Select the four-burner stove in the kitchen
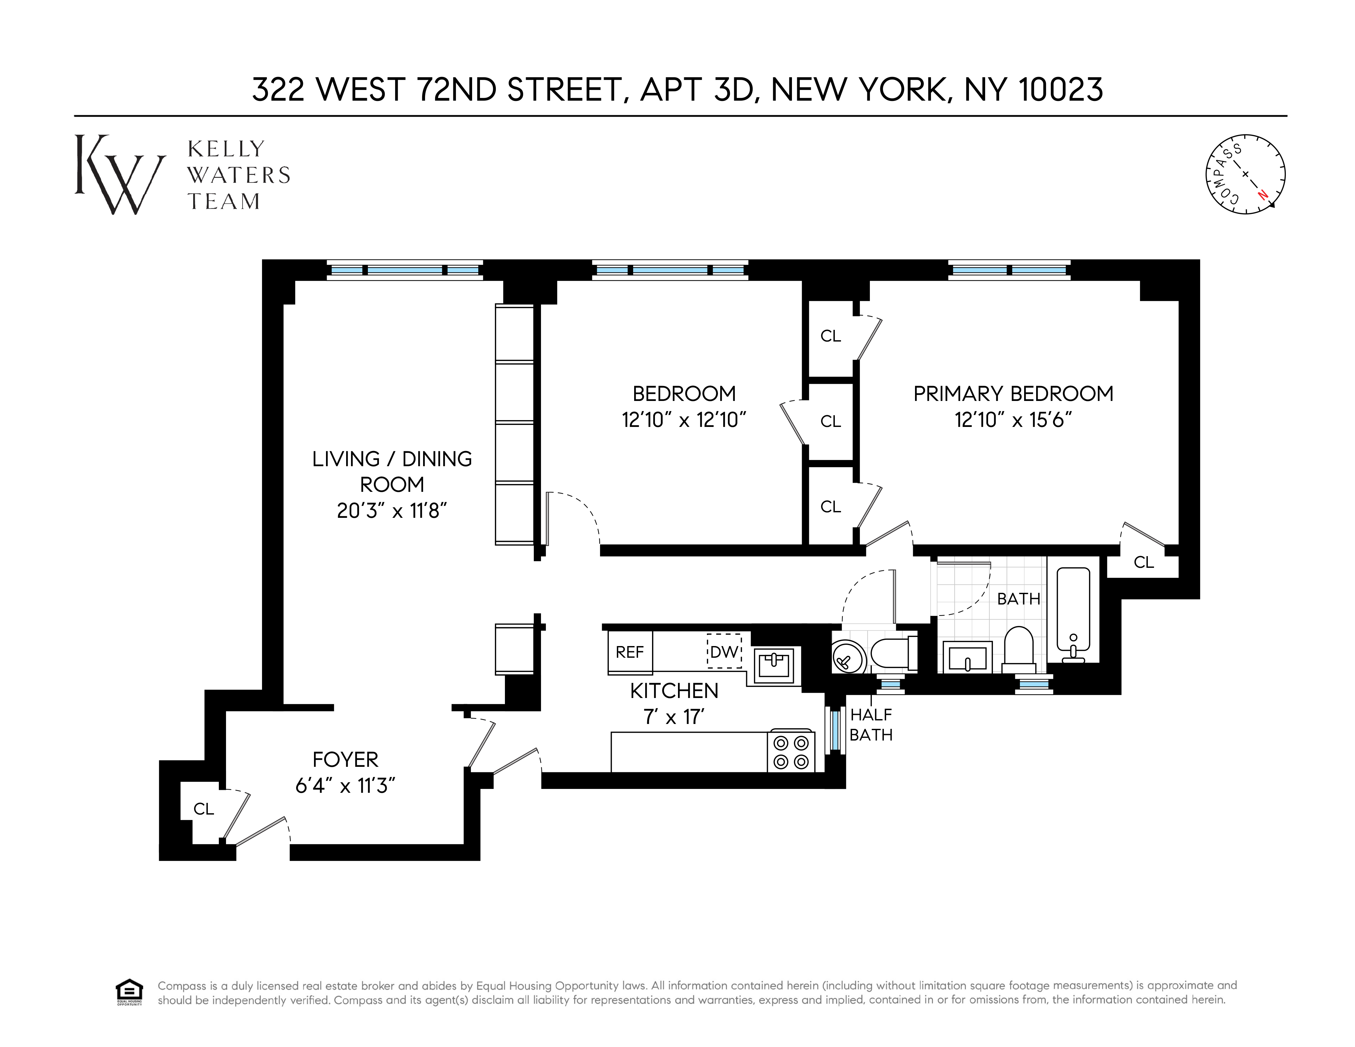pyautogui.click(x=791, y=752)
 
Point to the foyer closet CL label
pyautogui.click(x=204, y=809)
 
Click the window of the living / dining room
pyautogui.click(x=405, y=270)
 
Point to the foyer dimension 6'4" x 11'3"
pyautogui.click(x=345, y=786)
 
